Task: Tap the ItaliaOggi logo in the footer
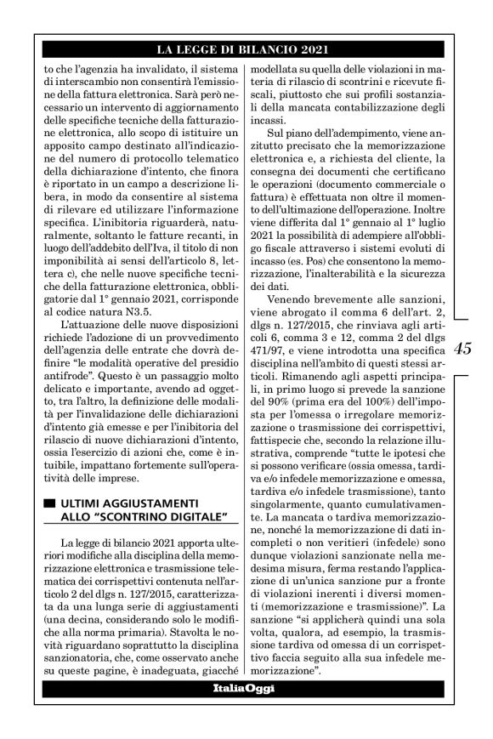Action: tap(244, 687)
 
